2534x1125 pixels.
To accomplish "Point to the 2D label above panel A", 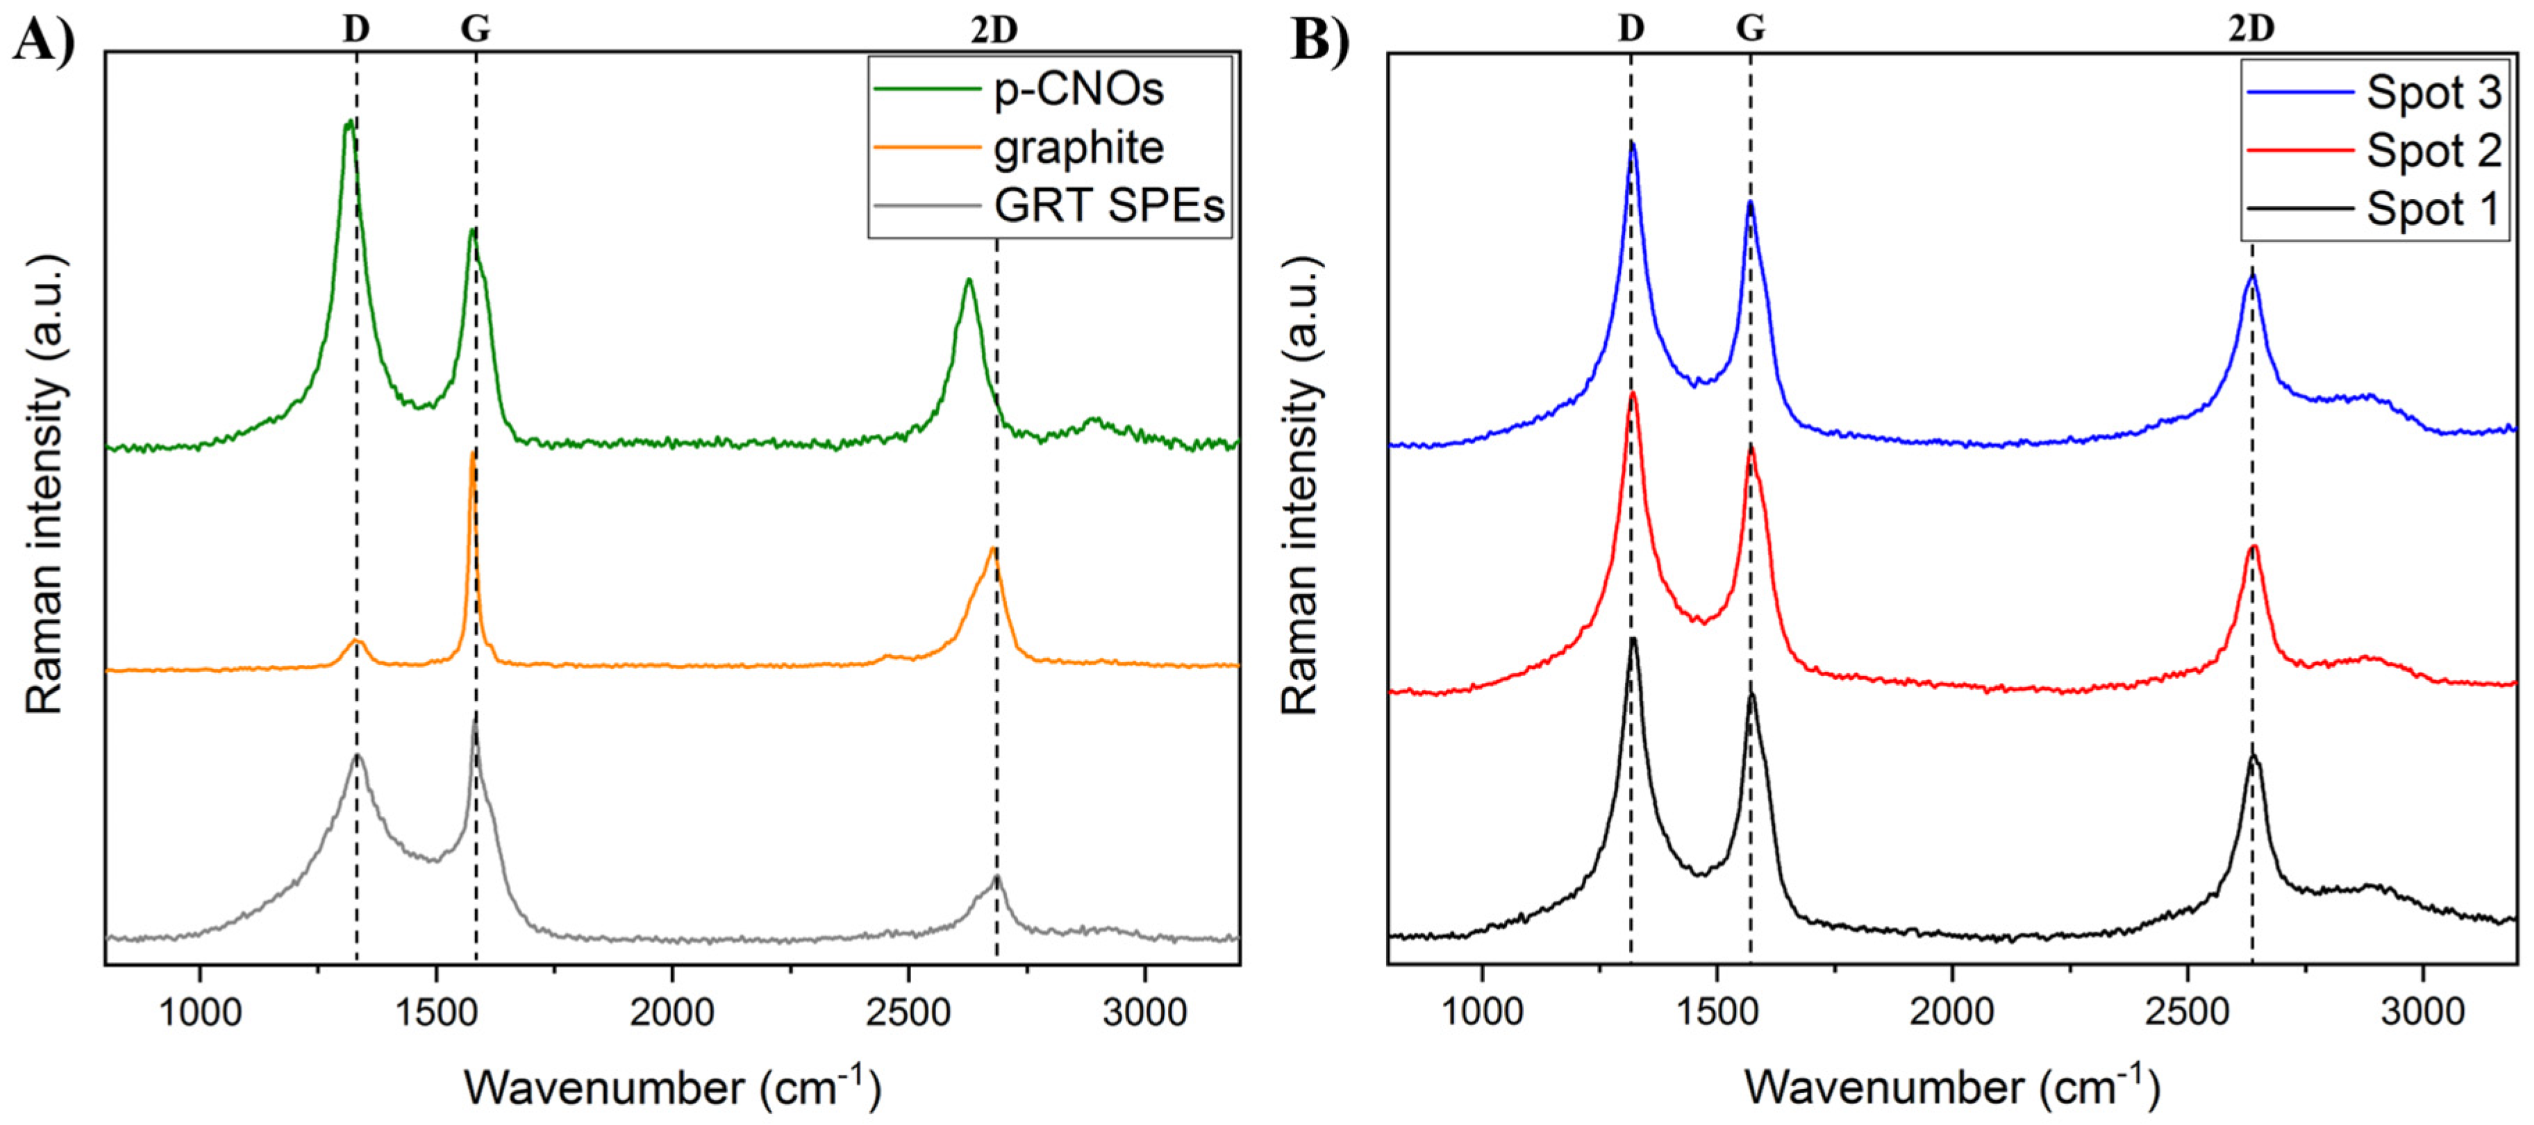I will [994, 31].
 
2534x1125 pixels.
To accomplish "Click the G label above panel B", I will [1750, 30].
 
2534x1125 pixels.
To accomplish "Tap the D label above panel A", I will [356, 30].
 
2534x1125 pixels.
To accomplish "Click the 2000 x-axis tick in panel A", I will [672, 1013].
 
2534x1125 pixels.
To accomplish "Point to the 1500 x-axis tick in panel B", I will [1715, 1013].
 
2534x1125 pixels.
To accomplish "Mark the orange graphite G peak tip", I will [473, 452].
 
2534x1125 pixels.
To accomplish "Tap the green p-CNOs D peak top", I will [348, 122].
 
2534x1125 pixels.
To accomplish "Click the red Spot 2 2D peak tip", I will [2253, 547].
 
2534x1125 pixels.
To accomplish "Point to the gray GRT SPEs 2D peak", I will [997, 877].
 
